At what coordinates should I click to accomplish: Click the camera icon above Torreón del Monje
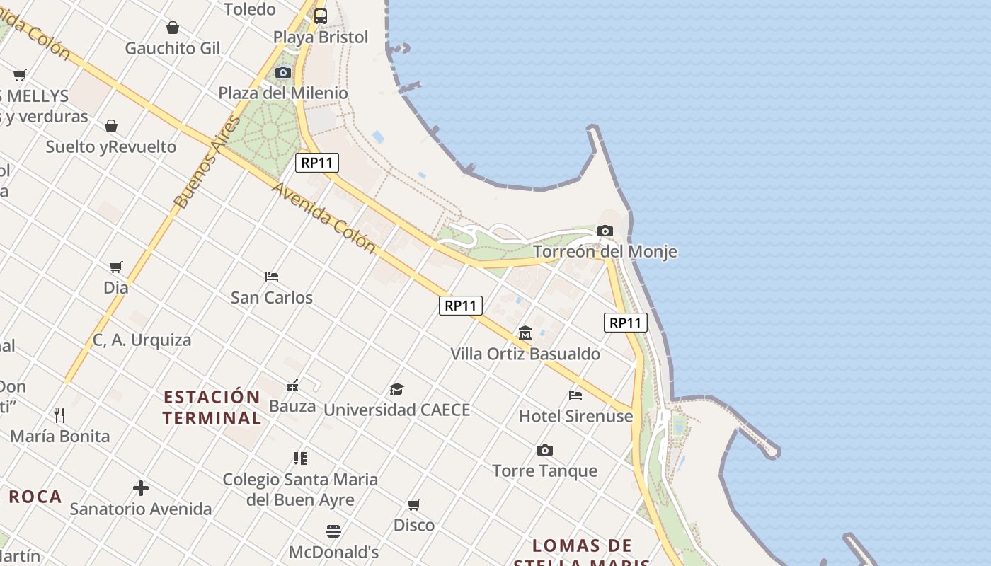(605, 231)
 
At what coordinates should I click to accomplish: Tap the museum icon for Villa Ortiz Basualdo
(525, 333)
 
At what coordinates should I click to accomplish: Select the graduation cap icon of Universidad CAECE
(396, 389)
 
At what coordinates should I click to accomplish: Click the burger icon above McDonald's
(333, 531)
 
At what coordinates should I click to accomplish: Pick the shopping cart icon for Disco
(414, 504)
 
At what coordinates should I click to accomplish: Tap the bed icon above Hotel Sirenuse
(575, 395)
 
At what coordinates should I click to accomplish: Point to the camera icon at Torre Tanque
(544, 450)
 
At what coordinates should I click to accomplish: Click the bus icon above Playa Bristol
(321, 16)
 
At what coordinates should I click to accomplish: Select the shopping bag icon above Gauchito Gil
(172, 28)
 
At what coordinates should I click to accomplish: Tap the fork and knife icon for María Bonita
(60, 415)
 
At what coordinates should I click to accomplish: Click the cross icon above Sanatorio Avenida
(141, 488)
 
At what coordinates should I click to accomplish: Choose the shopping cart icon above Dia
(116, 267)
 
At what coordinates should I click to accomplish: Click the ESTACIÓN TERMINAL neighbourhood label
(212, 407)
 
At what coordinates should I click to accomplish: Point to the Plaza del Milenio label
(283, 93)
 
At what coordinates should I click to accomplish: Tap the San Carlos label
(272, 297)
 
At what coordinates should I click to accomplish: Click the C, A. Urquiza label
(142, 340)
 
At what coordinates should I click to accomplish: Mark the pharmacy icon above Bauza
(292, 386)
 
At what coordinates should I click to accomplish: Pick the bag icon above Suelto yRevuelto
(111, 126)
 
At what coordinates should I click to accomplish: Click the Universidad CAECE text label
(396, 410)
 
